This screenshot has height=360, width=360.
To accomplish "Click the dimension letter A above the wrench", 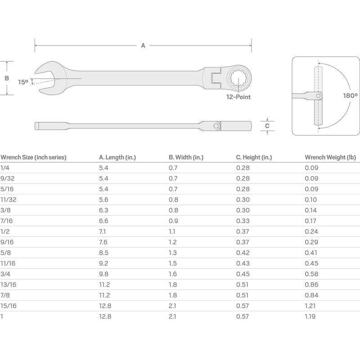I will click(x=143, y=45).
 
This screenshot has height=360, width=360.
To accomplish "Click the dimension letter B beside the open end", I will click(x=7, y=78).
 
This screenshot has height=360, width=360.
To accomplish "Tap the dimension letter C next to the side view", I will click(x=267, y=126).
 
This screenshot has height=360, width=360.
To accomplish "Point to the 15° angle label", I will click(x=23, y=82).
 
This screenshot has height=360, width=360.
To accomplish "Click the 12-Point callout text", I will click(x=238, y=97).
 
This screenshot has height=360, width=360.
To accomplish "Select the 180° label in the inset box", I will click(x=350, y=96).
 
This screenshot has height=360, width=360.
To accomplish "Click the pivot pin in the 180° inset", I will click(x=319, y=96).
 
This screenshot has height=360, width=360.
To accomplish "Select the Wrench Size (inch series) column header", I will click(x=33, y=157).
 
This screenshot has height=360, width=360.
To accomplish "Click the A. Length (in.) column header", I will click(x=117, y=157).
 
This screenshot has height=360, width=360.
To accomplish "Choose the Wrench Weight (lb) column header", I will click(x=330, y=157).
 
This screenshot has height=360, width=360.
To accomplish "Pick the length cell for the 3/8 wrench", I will click(x=103, y=210).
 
